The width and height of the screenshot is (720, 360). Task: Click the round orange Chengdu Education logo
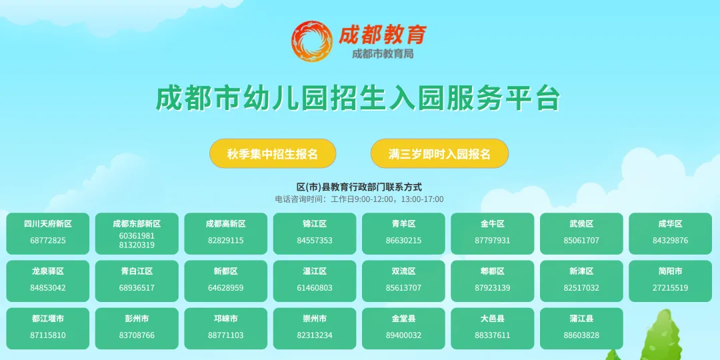pyautogui.click(x=312, y=41)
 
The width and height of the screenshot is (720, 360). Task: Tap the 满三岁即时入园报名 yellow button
pyautogui.click(x=439, y=154)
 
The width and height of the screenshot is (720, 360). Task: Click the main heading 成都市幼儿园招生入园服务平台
pyautogui.click(x=358, y=98)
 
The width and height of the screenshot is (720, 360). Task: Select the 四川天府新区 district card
pyautogui.click(x=48, y=233)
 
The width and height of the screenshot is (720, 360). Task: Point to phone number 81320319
pyautogui.click(x=137, y=245)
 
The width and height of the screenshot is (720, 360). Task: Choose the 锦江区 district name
pyautogui.click(x=315, y=224)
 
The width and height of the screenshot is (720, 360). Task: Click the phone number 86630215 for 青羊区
pyautogui.click(x=403, y=241)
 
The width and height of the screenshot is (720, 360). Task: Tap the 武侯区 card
pyautogui.click(x=581, y=233)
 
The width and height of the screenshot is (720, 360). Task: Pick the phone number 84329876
pyautogui.click(x=670, y=241)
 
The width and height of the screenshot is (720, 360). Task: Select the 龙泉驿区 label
pyautogui.click(x=48, y=272)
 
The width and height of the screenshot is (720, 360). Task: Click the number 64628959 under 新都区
pyautogui.click(x=225, y=288)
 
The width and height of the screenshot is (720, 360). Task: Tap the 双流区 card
pyautogui.click(x=403, y=281)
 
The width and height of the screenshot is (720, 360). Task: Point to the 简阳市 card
pyautogui.click(x=670, y=281)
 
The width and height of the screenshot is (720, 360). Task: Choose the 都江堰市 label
pyautogui.click(x=48, y=319)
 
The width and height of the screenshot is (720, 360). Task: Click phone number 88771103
pyautogui.click(x=225, y=335)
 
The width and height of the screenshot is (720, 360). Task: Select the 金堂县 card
pyautogui.click(x=403, y=328)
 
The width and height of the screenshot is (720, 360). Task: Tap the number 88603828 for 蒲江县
pyautogui.click(x=581, y=335)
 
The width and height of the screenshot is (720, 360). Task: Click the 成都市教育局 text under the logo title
pyautogui.click(x=383, y=54)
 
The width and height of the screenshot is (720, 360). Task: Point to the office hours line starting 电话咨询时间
pyautogui.click(x=359, y=199)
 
